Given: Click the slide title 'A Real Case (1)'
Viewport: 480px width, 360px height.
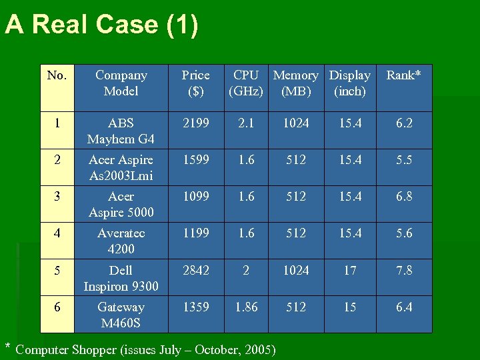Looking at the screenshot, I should [101, 25].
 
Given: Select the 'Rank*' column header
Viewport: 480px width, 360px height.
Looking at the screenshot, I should [403, 75].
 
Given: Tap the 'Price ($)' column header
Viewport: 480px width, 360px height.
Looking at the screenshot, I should [195, 83].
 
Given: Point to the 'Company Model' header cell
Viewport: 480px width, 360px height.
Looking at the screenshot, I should [121, 83].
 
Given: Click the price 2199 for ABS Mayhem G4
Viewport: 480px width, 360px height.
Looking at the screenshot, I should [195, 123].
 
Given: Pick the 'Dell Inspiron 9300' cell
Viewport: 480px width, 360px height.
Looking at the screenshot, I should [121, 278].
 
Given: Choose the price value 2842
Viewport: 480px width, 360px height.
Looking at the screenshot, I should [195, 270].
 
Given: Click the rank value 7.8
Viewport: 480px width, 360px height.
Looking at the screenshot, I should [403, 270].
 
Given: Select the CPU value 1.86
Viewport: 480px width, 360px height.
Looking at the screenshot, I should [246, 307].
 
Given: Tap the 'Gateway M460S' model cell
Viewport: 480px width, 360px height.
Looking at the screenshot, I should [121, 315].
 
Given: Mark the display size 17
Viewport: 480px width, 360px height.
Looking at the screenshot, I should [350, 270].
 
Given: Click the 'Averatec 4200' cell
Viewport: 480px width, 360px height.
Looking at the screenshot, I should [121, 241].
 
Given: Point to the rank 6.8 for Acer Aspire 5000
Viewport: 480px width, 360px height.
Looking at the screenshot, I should [403, 197].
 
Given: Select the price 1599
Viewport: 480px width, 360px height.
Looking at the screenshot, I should [195, 160].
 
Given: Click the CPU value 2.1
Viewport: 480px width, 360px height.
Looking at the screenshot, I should [246, 123].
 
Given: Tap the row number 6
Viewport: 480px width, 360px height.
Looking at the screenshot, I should [57, 307].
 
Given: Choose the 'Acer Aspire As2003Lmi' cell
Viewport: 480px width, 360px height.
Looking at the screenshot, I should [121, 168].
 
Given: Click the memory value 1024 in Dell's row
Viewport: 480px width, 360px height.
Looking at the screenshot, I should [295, 270].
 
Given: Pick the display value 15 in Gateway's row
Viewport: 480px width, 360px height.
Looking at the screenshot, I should [350, 307].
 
